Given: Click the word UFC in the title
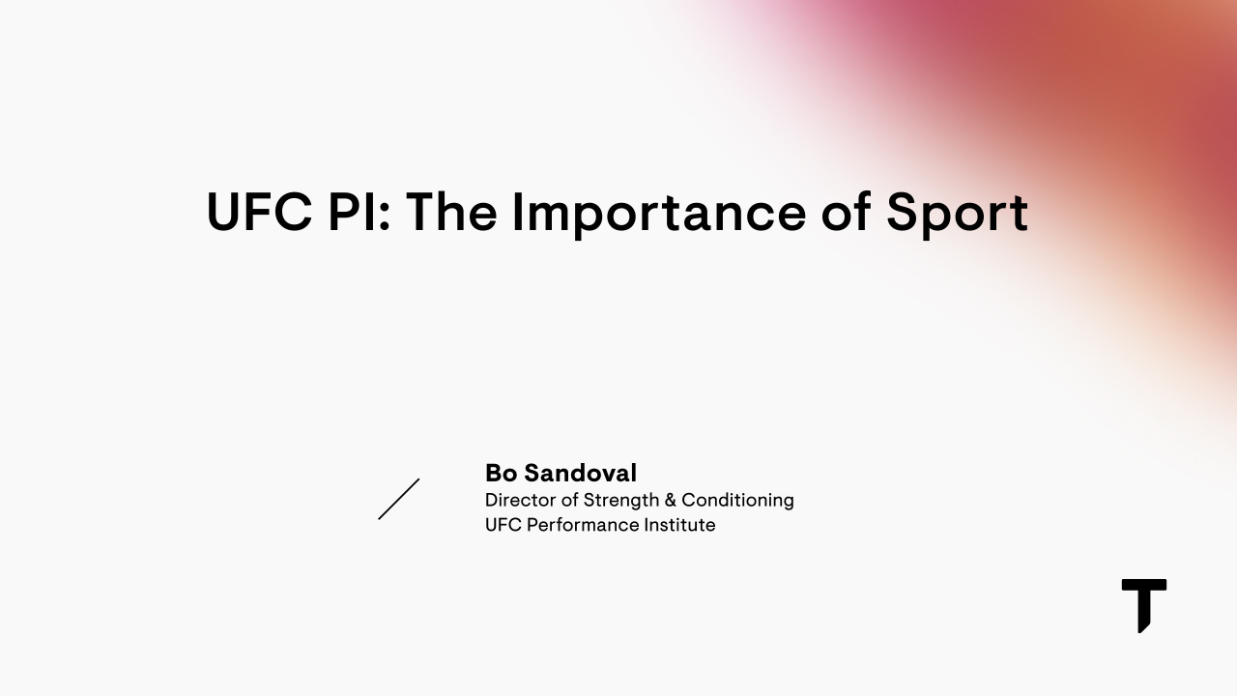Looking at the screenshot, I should (259, 213).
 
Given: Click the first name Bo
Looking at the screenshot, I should (501, 474).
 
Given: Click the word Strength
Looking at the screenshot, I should (619, 501).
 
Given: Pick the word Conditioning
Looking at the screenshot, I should (737, 501).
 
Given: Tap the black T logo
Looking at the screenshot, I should (1143, 605).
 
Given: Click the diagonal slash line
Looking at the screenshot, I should (399, 499).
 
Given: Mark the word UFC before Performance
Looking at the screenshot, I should (503, 526).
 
